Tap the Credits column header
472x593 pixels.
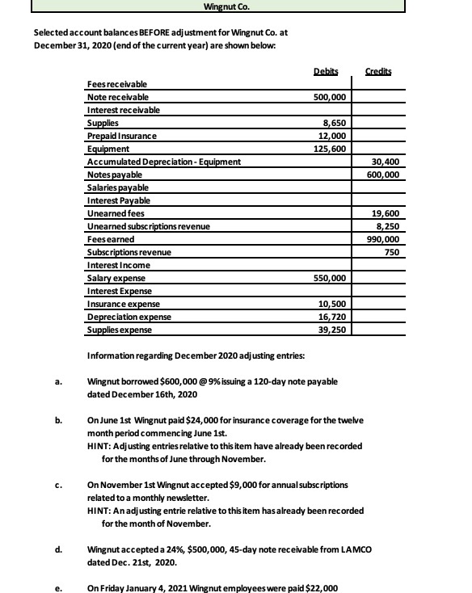coord(377,72)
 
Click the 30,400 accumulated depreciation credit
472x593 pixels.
coord(386,162)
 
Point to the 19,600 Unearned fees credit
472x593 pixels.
coord(386,213)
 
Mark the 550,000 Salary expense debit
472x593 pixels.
coord(331,278)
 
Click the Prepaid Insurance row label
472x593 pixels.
coord(121,136)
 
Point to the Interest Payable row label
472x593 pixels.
coord(118,200)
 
